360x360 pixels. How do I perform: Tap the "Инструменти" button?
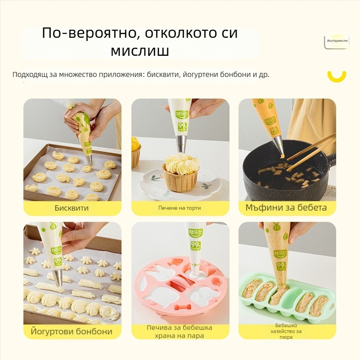[x=337, y=41]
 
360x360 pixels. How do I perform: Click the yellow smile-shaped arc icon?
[x=337, y=76]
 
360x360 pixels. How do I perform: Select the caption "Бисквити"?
[x=72, y=208]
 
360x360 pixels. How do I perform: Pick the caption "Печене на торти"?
[x=180, y=208]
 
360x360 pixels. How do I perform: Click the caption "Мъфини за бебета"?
[x=286, y=208]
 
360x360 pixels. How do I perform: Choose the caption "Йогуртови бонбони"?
[x=72, y=332]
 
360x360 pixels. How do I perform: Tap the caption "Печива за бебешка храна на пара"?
[x=179, y=332]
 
